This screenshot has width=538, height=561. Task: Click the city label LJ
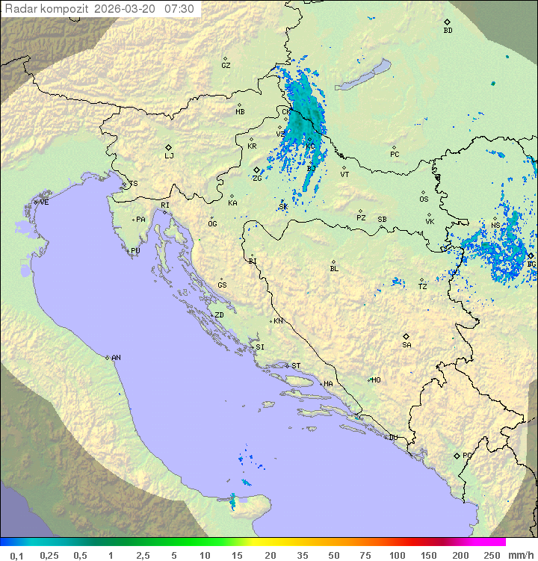pyautogui.click(x=169, y=156)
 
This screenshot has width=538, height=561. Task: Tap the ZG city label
pyautogui.click(x=257, y=179)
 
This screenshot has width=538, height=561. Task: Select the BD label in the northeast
pyautogui.click(x=448, y=31)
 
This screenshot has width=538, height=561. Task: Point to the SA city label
pyautogui.click(x=406, y=345)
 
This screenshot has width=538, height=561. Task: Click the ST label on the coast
pyautogui.click(x=296, y=366)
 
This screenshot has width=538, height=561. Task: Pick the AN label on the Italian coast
pyautogui.click(x=116, y=358)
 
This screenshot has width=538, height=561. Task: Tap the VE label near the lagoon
pyautogui.click(x=44, y=202)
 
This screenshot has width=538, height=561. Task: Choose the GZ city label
pyautogui.click(x=226, y=66)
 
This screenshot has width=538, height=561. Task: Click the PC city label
pyautogui.click(x=395, y=155)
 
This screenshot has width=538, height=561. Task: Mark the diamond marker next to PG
pyautogui.click(x=457, y=455)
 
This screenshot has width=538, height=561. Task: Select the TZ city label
pyautogui.click(x=423, y=287)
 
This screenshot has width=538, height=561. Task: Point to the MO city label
pyautogui.click(x=376, y=380)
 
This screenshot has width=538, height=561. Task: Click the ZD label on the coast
pyautogui.click(x=219, y=315)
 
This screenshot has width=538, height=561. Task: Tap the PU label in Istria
pyautogui.click(x=135, y=251)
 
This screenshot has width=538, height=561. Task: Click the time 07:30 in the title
pyautogui.click(x=179, y=9)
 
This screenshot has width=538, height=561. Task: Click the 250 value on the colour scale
pyautogui.click(x=492, y=555)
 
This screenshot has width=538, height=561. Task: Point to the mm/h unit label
pyautogui.click(x=519, y=555)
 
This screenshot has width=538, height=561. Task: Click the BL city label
pyautogui.click(x=334, y=269)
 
